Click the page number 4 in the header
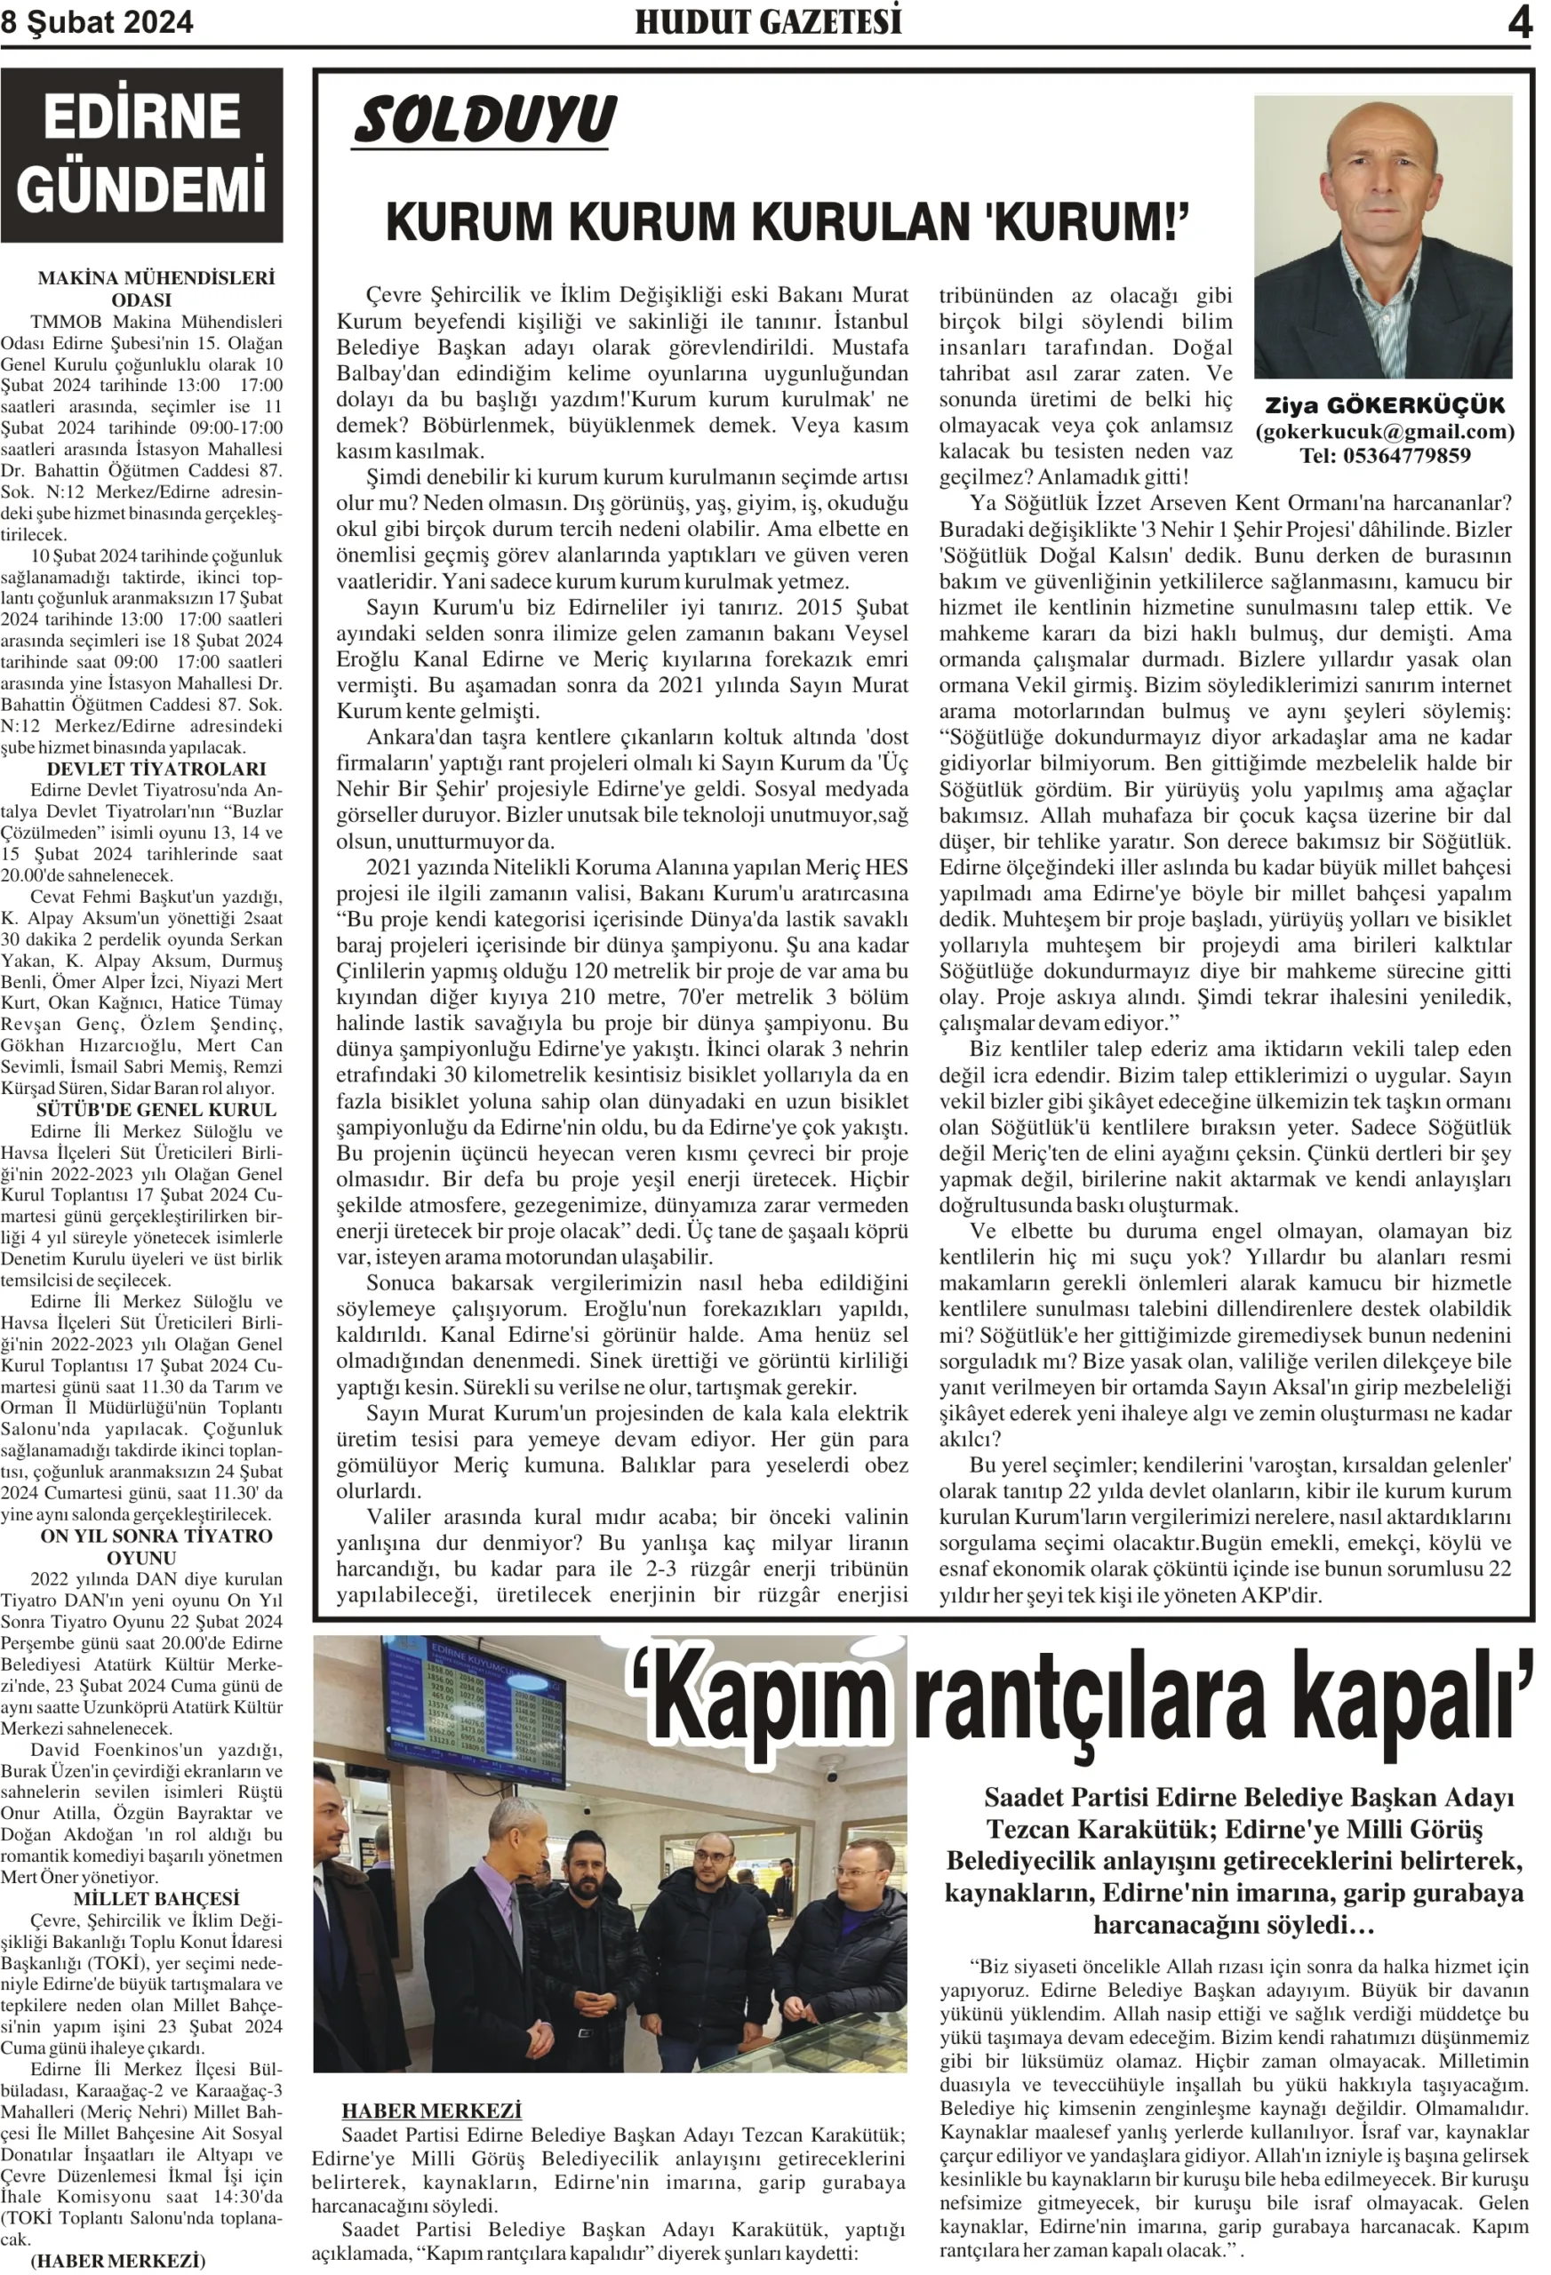[x=1519, y=21]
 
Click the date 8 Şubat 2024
[x=97, y=22]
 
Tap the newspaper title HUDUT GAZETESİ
[x=769, y=21]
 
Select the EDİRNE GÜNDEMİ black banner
[x=142, y=154]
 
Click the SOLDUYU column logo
[x=484, y=120]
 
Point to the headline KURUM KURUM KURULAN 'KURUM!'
[x=787, y=221]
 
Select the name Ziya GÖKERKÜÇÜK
[x=1385, y=405]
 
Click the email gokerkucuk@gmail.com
[x=1385, y=431]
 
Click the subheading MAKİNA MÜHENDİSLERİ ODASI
[x=156, y=289]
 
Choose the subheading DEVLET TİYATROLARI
[x=156, y=769]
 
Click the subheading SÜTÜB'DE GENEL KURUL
[x=156, y=1109]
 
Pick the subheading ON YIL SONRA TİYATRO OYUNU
[x=156, y=1545]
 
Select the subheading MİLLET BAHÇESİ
[x=156, y=1898]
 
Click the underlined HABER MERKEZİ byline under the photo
[x=431, y=2111]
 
